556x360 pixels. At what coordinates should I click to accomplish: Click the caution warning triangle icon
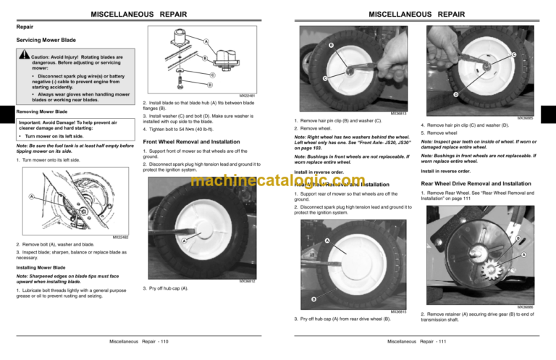[x=24, y=56]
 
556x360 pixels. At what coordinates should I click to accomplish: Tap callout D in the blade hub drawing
[x=210, y=85]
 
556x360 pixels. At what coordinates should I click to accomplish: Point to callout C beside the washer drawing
[x=212, y=75]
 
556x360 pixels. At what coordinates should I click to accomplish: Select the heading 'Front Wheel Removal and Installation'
[x=192, y=141]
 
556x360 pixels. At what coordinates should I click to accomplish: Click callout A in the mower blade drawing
[x=31, y=196]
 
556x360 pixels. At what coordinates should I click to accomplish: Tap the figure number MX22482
[x=122, y=237]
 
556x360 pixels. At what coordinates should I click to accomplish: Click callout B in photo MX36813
[x=332, y=47]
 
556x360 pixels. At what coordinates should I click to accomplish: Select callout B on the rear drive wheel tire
[x=313, y=299]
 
